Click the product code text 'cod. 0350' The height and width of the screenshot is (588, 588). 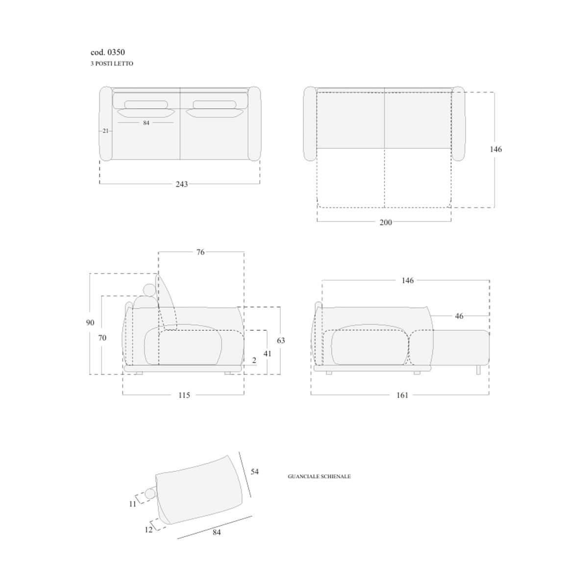[x=107, y=52]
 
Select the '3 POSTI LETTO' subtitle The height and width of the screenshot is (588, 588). [x=112, y=64]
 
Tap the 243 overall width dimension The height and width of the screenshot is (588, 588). [x=182, y=184]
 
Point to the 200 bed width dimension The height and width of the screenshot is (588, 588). [x=386, y=222]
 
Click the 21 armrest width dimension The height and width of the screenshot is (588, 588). [x=105, y=131]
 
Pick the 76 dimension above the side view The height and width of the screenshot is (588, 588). [x=200, y=252]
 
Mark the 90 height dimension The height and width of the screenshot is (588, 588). [x=90, y=322]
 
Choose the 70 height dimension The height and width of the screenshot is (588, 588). [x=102, y=338]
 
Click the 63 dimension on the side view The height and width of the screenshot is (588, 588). [x=281, y=340]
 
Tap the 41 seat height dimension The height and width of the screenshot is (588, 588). [x=268, y=353]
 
